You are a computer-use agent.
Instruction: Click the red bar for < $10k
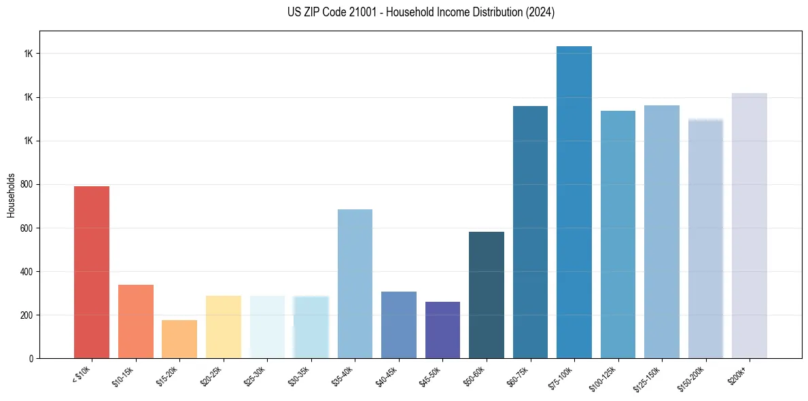pos(92,272)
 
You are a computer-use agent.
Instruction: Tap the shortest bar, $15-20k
pos(179,339)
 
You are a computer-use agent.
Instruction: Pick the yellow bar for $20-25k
pos(223,327)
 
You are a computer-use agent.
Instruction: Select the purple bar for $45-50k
pos(442,330)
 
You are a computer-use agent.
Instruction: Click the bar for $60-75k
pos(530,232)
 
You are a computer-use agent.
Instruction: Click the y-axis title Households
pos(12,195)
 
